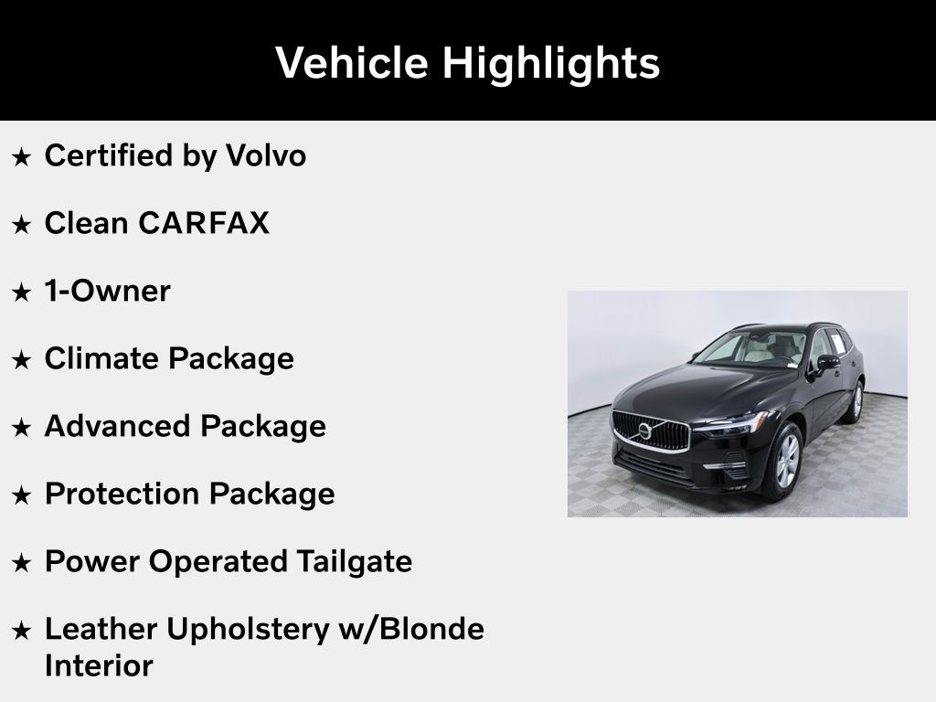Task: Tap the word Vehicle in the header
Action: (x=352, y=62)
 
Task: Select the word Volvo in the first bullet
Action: (x=266, y=155)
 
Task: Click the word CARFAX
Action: (x=204, y=223)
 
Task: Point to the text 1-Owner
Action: (x=108, y=291)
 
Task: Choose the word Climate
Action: (x=102, y=358)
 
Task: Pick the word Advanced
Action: (x=118, y=426)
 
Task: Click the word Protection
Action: (x=122, y=494)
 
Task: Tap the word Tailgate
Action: (x=354, y=563)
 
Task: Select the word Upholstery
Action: (x=248, y=631)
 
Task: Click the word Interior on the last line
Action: (x=99, y=665)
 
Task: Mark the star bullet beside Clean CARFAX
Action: (x=22, y=225)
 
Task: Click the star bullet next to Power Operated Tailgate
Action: (x=22, y=563)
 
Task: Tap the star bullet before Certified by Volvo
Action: (x=22, y=157)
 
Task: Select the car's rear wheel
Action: (x=856, y=402)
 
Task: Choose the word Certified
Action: (x=109, y=155)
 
